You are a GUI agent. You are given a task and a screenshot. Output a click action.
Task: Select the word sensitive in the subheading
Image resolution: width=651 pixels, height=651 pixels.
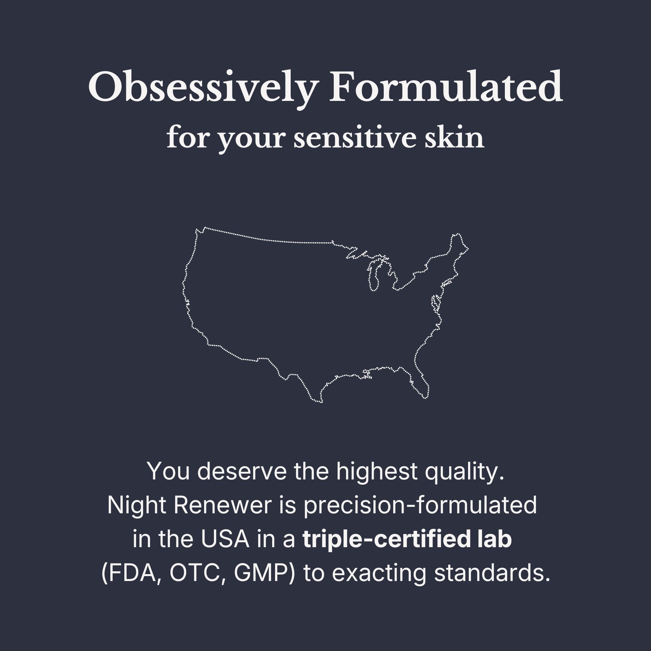(354, 138)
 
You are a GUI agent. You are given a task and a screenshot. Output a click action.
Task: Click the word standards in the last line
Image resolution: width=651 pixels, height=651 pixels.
(492, 573)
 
